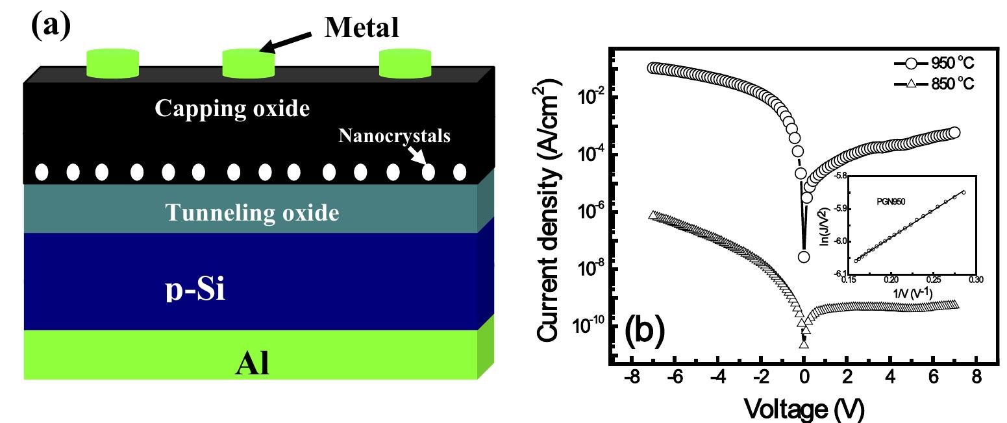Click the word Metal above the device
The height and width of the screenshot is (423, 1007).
(362, 27)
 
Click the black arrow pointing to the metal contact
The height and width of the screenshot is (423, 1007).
(286, 42)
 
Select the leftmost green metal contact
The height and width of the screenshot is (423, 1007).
(112, 64)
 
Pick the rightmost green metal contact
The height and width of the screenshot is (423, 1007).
(405, 64)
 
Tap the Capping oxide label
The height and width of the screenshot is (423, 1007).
(232, 108)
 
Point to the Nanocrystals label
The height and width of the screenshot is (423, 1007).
(394, 136)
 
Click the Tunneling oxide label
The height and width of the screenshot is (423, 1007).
(252, 212)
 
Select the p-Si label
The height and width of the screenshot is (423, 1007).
(195, 289)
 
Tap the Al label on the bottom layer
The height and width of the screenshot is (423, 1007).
(252, 363)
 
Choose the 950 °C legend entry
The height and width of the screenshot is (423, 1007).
(934, 64)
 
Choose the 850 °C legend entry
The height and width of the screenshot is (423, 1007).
(934, 84)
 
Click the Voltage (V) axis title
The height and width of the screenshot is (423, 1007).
(804, 409)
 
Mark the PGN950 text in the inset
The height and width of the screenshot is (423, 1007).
(891, 202)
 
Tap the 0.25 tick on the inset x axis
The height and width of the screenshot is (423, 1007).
(934, 280)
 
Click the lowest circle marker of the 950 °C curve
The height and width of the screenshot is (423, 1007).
(804, 257)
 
